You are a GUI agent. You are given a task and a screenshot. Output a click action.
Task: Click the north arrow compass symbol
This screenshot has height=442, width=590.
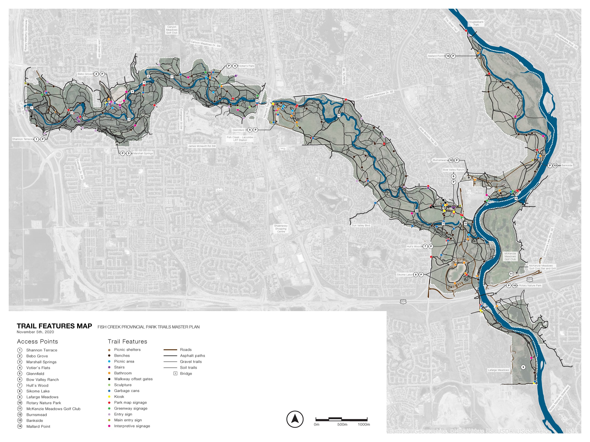click(x=295, y=419)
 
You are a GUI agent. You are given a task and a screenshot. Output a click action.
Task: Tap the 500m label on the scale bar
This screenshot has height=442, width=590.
click(x=342, y=424)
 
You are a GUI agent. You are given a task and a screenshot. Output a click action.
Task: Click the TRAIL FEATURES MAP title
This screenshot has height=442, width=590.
click(x=55, y=326)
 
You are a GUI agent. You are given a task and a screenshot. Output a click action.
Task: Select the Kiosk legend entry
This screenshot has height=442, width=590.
click(x=119, y=397)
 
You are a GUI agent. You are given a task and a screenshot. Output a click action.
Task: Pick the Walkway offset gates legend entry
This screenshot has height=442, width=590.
click(x=133, y=379)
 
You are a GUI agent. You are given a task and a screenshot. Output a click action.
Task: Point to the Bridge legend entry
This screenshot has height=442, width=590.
click(x=186, y=374)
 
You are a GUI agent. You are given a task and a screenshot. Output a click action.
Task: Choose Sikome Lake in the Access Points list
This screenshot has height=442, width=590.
click(x=38, y=391)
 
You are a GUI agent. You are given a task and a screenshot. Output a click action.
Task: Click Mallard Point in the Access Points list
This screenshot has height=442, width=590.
click(x=38, y=426)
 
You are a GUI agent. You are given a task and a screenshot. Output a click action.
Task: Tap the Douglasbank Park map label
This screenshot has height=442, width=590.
click(x=476, y=23)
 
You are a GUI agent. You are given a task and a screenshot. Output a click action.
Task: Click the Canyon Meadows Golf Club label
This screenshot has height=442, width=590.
click(x=172, y=29)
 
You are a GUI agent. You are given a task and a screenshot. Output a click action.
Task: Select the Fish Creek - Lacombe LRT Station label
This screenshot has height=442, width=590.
click(x=240, y=139)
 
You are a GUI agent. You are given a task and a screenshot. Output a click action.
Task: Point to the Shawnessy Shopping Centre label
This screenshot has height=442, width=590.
click(x=281, y=229)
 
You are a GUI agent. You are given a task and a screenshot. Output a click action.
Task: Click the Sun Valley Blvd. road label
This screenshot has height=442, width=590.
click(x=361, y=225)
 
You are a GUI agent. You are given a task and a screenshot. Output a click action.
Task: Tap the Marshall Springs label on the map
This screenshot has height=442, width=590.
click(x=143, y=153)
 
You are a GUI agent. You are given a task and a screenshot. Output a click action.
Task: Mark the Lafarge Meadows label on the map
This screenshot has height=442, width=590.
click(x=498, y=370)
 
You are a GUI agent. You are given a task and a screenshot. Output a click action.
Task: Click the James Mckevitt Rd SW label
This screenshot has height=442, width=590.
click(x=202, y=146)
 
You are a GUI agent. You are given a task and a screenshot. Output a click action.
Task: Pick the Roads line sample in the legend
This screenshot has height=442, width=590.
click(x=170, y=350)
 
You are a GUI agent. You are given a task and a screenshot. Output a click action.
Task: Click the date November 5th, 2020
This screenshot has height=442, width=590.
click(x=35, y=332)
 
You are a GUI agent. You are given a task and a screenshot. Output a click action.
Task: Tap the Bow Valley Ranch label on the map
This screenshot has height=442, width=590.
click(x=453, y=170)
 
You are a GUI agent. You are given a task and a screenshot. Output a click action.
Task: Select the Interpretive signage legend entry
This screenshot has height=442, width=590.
click(x=132, y=426)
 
